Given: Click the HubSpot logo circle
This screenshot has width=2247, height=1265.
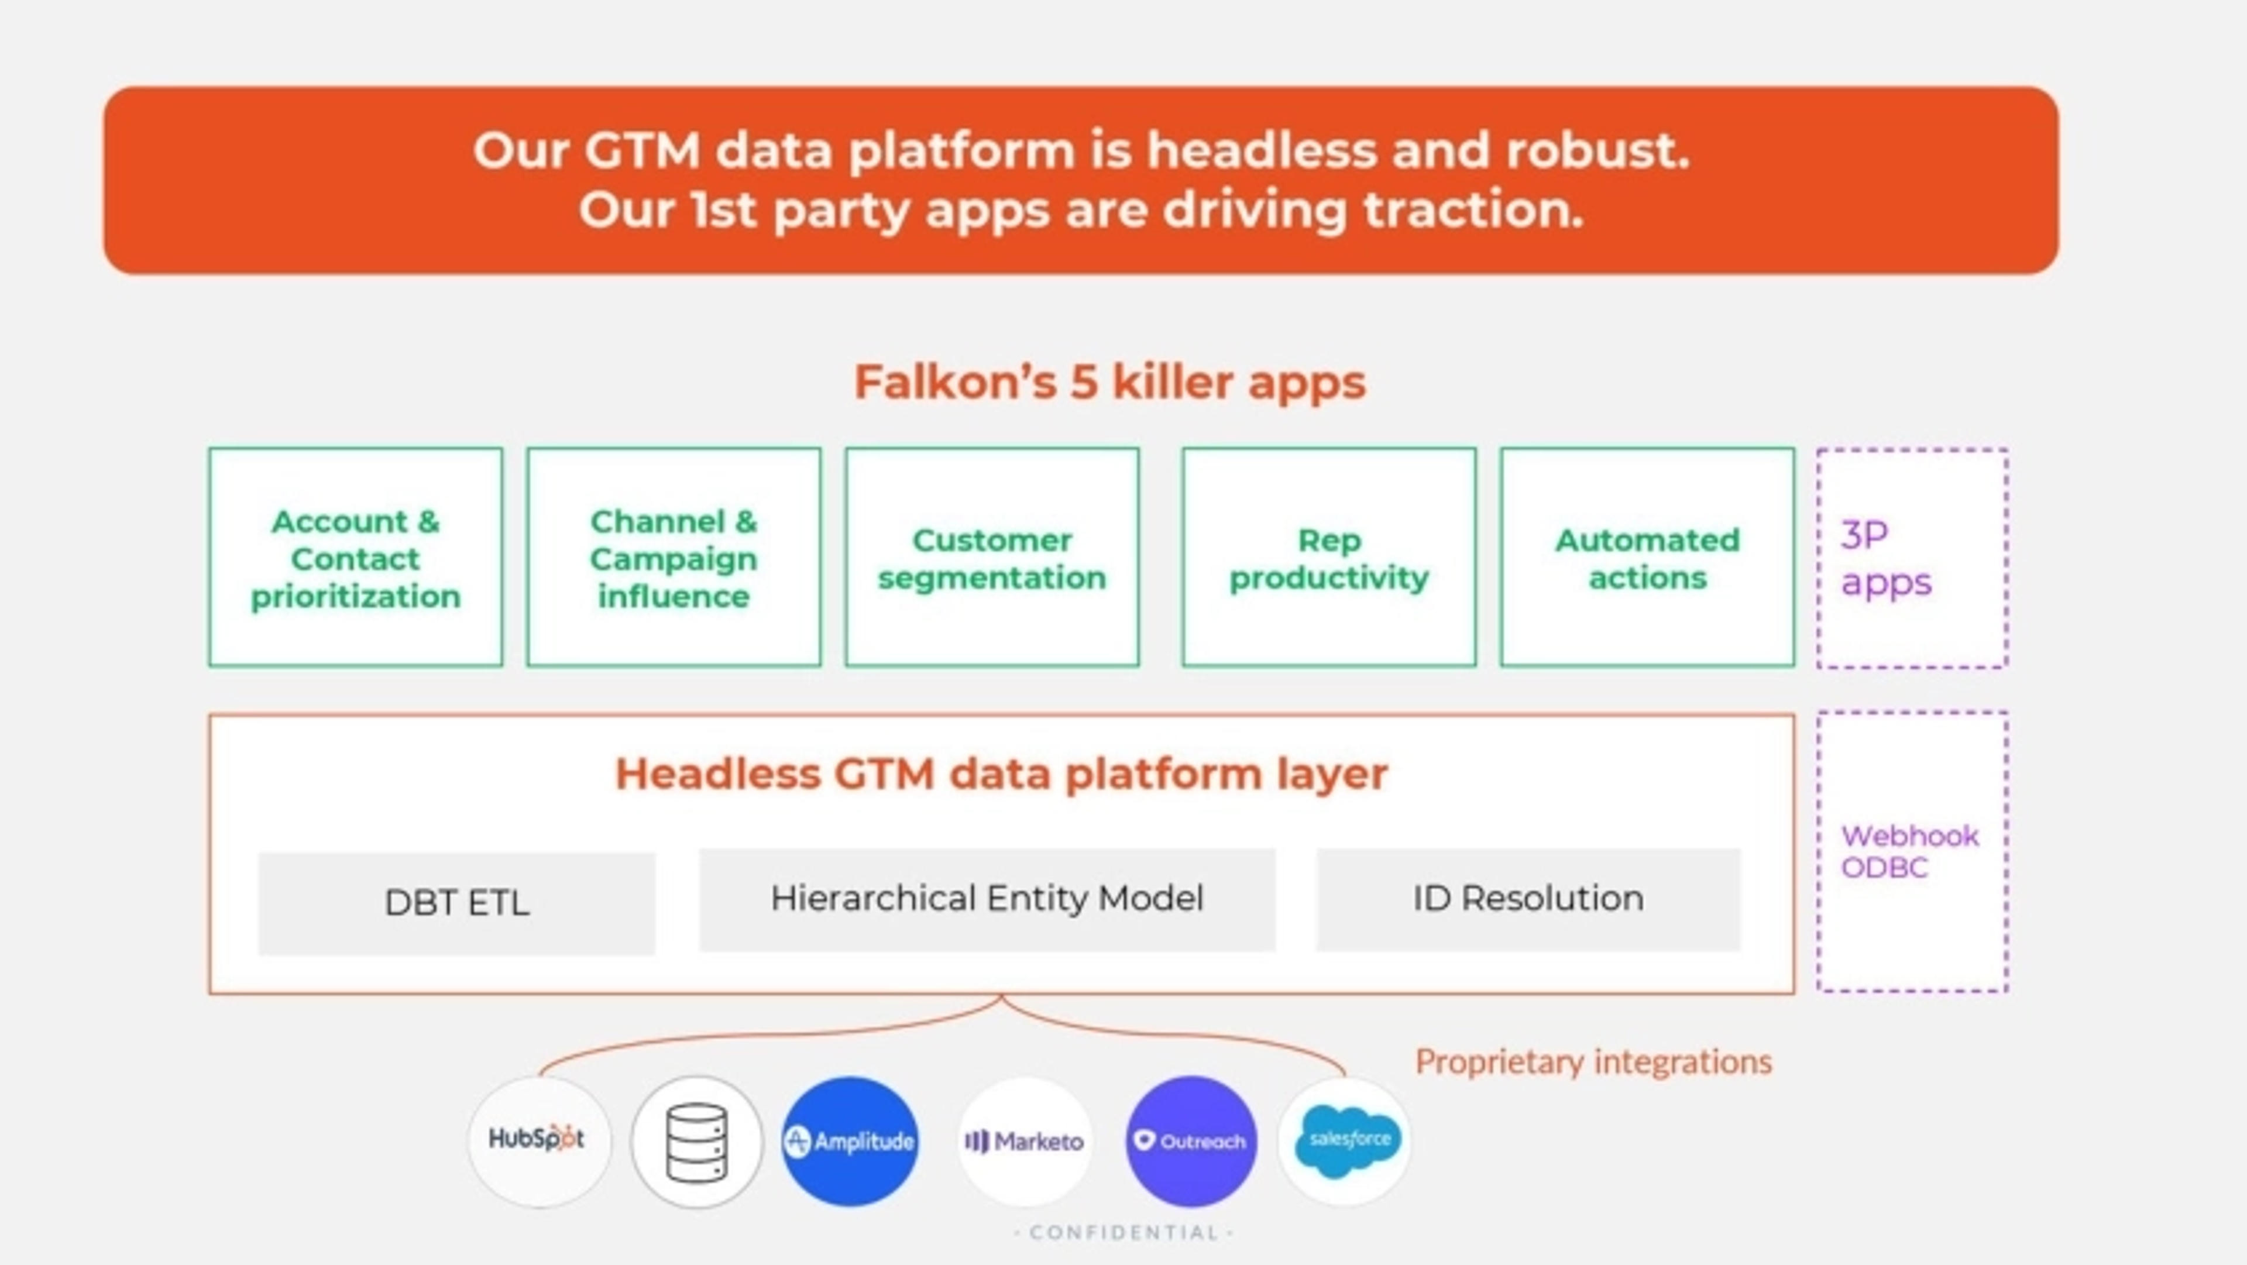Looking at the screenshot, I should point(538,1140).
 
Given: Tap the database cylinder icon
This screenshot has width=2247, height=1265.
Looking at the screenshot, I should point(696,1141).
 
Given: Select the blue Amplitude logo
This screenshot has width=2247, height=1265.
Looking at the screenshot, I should point(850,1141).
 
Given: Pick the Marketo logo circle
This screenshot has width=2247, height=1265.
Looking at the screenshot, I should point(1025,1141).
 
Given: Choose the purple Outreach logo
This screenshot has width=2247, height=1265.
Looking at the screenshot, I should point(1191,1141).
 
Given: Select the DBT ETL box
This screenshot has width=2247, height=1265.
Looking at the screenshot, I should point(456,903).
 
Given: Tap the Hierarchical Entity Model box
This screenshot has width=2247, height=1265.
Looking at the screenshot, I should point(987,899).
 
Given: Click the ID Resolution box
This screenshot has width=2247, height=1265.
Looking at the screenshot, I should point(1527,899).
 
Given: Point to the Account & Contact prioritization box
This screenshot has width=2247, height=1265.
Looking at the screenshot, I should point(356,558).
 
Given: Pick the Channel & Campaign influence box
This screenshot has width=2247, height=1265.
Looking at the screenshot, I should point(674,558).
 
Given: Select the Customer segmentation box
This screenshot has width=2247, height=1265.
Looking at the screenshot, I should point(992,558).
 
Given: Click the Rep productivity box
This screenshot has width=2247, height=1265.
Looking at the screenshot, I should point(1328,558).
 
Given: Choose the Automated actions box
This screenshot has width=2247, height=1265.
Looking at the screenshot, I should point(1647,558).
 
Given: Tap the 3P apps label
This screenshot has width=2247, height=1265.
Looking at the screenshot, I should point(1886,558).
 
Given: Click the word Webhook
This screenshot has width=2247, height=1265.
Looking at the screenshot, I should point(1909,836).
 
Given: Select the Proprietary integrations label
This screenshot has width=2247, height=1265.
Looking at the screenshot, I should point(1593,1062).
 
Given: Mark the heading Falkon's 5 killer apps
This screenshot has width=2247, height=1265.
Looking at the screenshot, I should point(1109,382).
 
